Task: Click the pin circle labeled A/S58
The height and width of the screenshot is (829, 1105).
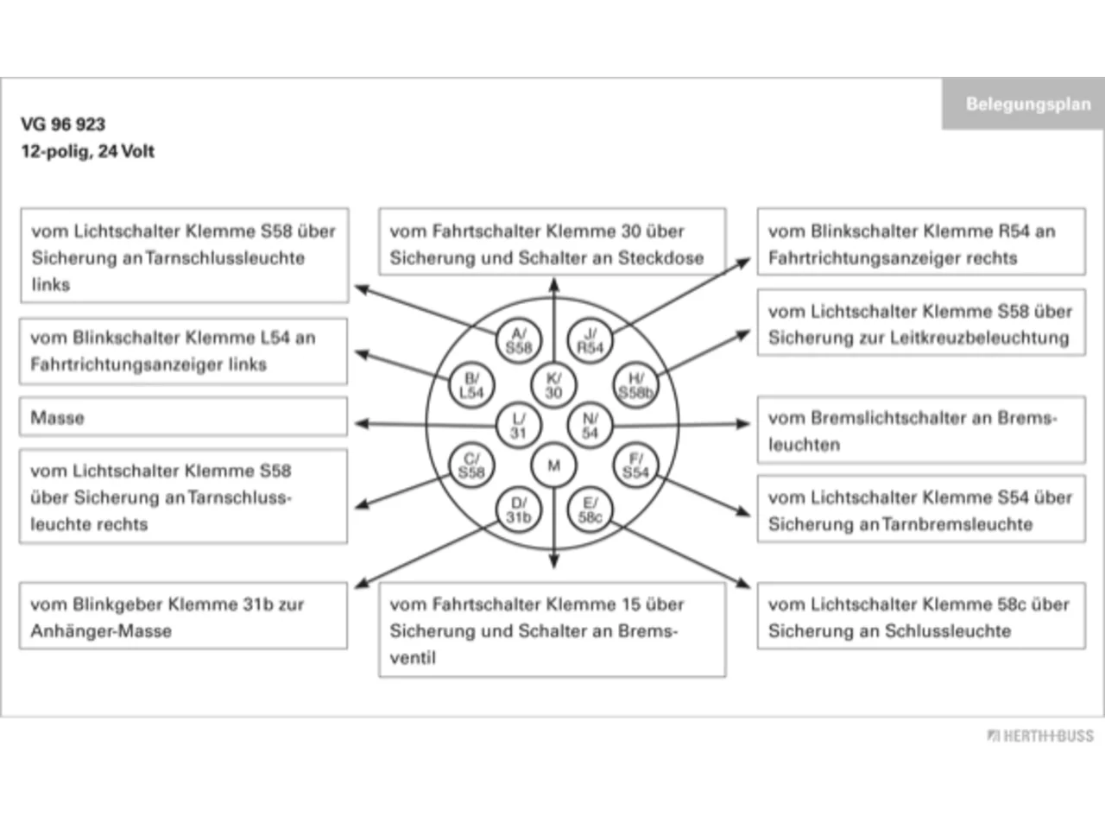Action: (x=519, y=341)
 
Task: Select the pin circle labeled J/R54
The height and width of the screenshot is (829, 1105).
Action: (x=590, y=341)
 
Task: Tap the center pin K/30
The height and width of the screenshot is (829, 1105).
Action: (x=553, y=385)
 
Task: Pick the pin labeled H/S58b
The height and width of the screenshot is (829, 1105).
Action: (x=636, y=385)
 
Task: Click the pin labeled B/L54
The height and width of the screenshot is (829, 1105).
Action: (x=471, y=385)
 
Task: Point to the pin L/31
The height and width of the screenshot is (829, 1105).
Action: (x=519, y=426)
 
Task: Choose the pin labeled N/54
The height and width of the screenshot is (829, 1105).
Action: (x=590, y=426)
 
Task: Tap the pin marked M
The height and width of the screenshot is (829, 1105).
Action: (x=553, y=465)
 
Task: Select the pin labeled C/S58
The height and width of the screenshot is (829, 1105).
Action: (x=471, y=465)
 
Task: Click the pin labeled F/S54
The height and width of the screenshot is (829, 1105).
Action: (x=636, y=465)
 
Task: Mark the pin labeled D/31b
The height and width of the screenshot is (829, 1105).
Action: (x=519, y=510)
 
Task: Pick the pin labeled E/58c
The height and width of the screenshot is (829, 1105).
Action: (x=590, y=510)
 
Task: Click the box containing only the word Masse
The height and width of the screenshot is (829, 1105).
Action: (x=183, y=417)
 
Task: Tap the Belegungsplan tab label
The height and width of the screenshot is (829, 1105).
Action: (x=1028, y=104)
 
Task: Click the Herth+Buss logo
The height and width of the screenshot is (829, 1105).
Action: (x=1040, y=736)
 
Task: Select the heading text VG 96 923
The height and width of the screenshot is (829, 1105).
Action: (x=63, y=123)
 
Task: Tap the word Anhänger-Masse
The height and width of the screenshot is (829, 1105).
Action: (x=101, y=630)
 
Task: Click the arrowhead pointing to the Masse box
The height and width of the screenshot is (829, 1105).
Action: (x=362, y=424)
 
